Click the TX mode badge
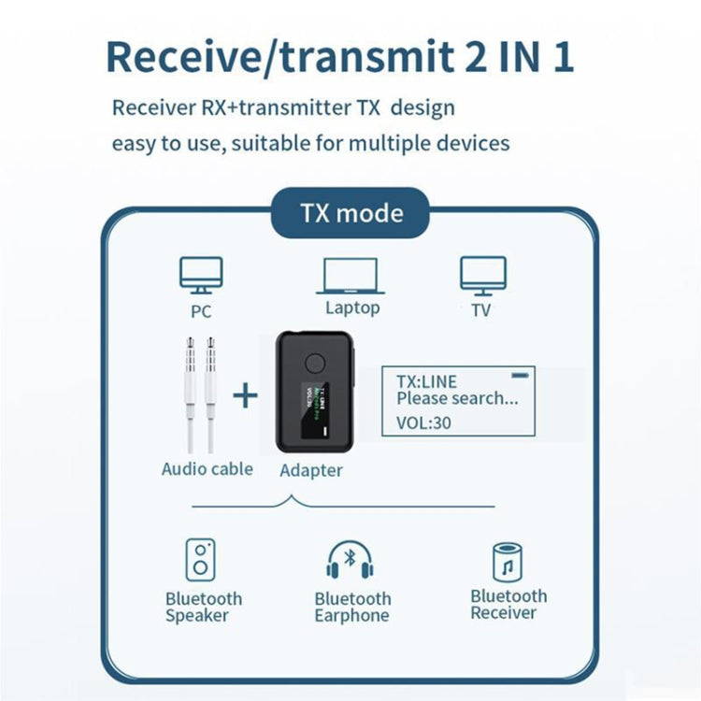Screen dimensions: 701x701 [x=350, y=213]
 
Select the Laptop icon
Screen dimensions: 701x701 [x=351, y=277]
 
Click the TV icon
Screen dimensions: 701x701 [x=482, y=277]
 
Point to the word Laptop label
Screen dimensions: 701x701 [x=352, y=308]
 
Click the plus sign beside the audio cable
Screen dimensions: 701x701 [x=245, y=395]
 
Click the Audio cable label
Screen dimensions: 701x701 [x=207, y=469]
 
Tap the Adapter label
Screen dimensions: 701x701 [x=311, y=471]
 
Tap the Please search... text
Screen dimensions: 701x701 [x=457, y=399]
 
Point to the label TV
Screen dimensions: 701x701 [x=480, y=310]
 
